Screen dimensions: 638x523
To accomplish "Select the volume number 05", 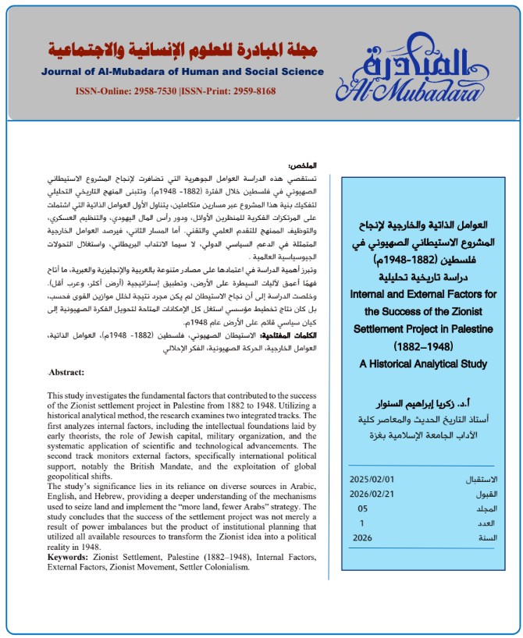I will pyautogui.click(x=362, y=508).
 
